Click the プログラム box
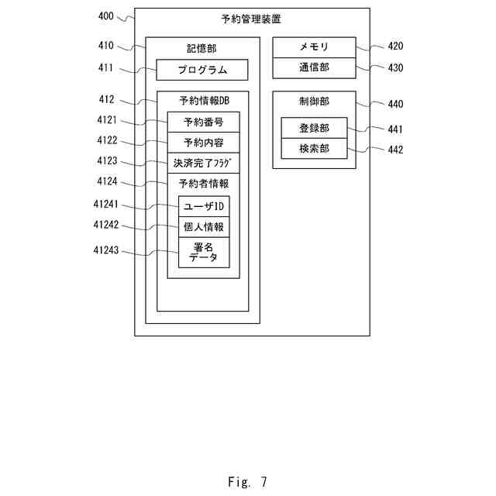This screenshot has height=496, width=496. [202, 70]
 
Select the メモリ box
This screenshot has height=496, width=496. [314, 47]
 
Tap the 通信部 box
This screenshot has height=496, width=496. [314, 67]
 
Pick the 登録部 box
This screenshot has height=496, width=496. [314, 128]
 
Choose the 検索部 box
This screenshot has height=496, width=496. [314, 148]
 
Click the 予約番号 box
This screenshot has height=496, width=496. [203, 122]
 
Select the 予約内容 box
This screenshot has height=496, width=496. [203, 143]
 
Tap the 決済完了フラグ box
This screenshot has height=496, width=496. [203, 164]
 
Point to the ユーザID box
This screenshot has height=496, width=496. [204, 207]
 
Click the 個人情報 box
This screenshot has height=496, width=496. [204, 228]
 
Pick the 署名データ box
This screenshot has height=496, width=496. [204, 253]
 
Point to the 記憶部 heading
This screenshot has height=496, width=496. [202, 47]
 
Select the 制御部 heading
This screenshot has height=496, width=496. [314, 101]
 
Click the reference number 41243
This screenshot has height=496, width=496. [107, 250]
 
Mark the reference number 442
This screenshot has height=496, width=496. [395, 150]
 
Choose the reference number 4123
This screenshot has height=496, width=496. [107, 161]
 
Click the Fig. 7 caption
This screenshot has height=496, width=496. [247, 482]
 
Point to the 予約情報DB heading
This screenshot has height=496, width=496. [203, 101]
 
